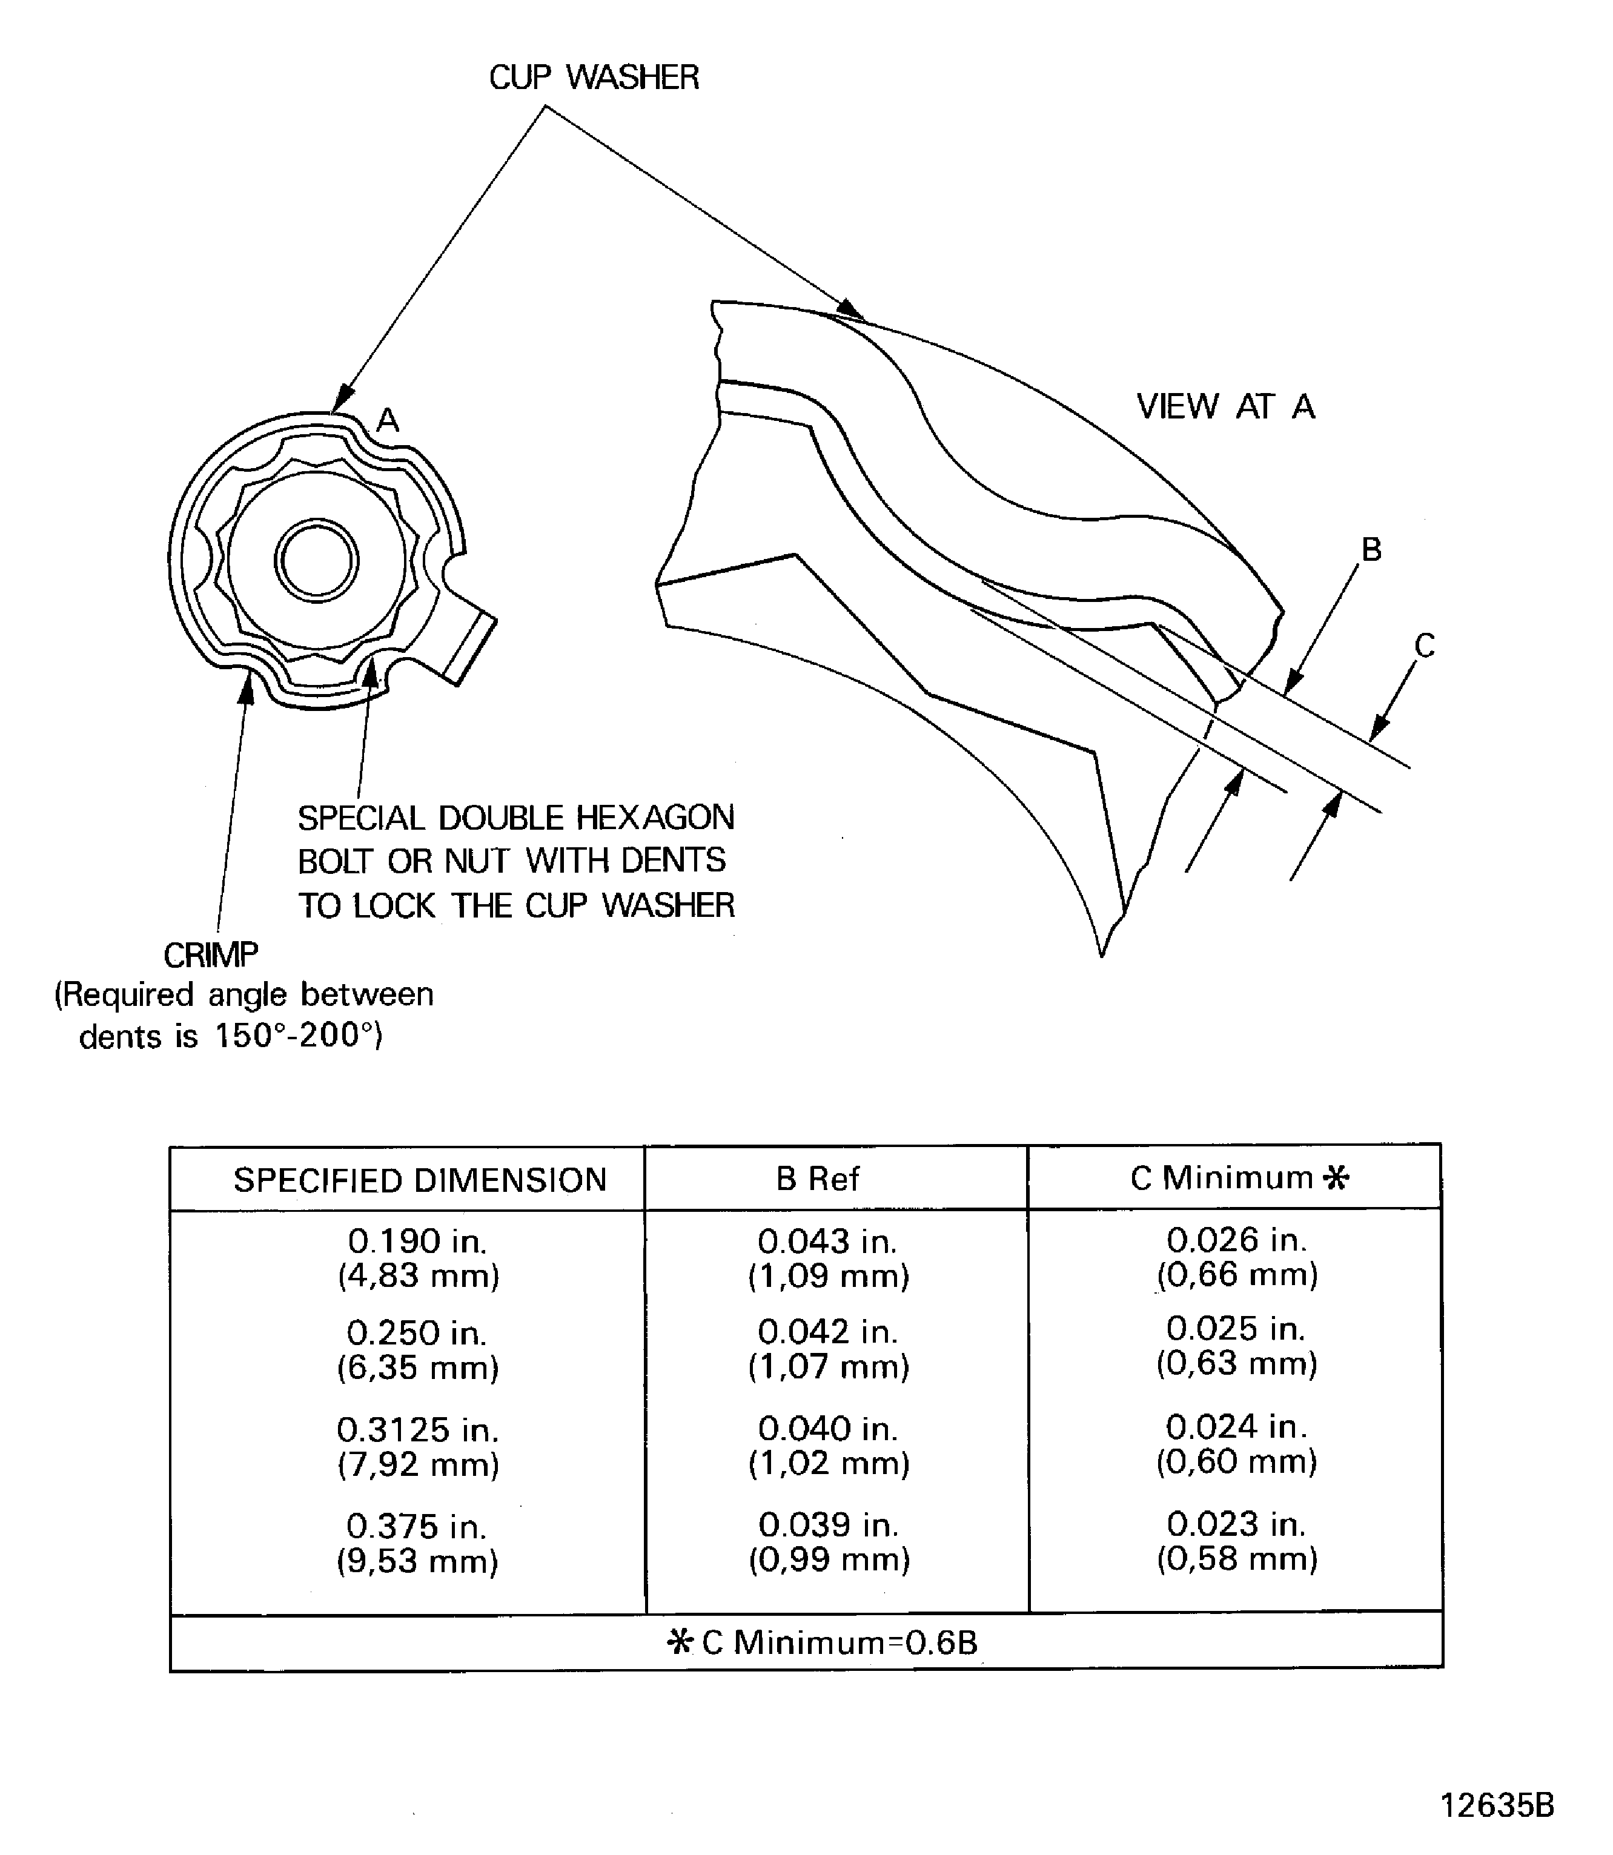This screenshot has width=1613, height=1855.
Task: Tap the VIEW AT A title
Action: pos(1225,407)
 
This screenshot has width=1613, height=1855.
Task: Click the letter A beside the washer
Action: pos(387,420)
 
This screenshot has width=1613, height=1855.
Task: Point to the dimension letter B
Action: pos(1371,549)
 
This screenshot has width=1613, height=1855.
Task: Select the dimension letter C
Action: pos(1424,646)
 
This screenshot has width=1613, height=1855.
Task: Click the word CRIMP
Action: pos(211,954)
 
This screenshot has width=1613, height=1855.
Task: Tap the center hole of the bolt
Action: pos(316,560)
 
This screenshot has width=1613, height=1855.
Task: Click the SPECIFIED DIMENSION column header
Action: pos(419,1180)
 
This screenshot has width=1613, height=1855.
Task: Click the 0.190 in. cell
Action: pos(418,1241)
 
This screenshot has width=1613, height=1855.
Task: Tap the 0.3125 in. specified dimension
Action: pos(418,1429)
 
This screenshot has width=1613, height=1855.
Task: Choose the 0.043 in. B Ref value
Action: pos(827,1241)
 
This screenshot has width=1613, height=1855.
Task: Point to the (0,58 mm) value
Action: pos(1237,1558)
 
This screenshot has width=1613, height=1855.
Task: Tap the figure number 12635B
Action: pos(1497,1805)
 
